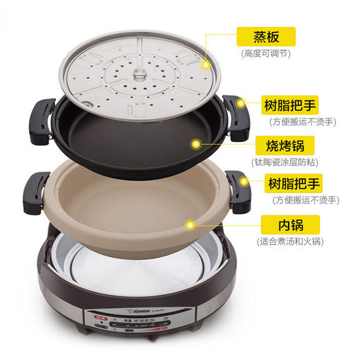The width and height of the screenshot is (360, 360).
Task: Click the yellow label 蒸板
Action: point(265,35)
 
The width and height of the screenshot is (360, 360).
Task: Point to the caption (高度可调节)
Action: point(265,53)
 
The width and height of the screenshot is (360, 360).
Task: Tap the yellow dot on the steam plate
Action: point(206,64)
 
